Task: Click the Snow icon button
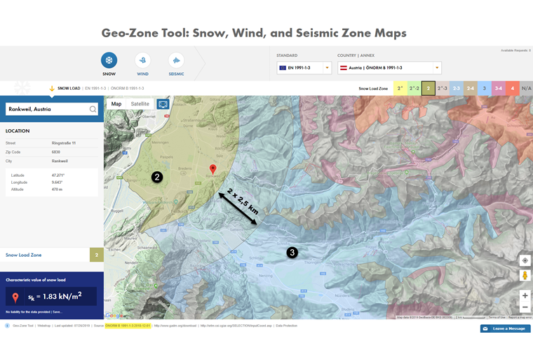109,60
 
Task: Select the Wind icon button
142,60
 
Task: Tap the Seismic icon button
176,60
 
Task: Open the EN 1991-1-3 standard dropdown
304,68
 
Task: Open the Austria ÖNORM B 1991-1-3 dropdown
389,68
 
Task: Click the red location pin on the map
213,169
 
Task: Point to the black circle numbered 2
157,177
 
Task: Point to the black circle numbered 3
292,252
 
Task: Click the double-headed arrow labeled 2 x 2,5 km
239,209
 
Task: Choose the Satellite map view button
140,104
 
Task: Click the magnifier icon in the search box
93,109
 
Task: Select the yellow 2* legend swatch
400,88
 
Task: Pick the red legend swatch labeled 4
513,88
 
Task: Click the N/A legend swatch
527,88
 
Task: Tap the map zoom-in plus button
525,295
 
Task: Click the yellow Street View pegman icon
525,276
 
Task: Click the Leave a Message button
505,328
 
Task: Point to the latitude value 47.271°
57,175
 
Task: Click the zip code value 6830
56,152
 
